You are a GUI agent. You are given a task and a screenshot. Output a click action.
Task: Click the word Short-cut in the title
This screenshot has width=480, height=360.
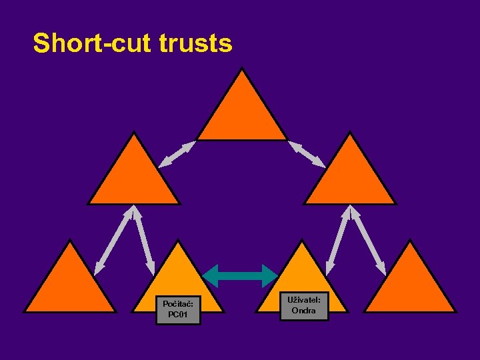[93, 43]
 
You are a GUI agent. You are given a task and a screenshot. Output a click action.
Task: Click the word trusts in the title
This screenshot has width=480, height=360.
[196, 43]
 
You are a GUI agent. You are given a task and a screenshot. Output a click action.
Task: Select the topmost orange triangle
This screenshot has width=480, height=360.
[242, 113]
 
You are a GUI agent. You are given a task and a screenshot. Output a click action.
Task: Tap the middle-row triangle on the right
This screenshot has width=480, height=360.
[350, 177]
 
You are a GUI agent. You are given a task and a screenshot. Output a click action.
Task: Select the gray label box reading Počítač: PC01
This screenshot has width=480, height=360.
[178, 309]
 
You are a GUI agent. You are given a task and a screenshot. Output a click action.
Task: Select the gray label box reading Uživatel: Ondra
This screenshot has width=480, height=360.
[303, 305]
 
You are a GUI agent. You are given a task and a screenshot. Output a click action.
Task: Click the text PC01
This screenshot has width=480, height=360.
[178, 315]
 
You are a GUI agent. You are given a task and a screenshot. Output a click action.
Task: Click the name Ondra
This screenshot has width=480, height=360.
[303, 311]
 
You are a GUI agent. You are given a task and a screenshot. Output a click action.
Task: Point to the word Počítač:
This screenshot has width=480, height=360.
[178, 304]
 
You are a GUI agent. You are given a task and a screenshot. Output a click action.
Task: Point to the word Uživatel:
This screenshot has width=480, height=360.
[303, 300]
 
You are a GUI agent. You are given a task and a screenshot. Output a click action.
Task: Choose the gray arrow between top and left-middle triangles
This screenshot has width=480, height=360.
[177, 154]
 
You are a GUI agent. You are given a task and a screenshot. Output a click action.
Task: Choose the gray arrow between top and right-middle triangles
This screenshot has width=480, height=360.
[307, 154]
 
